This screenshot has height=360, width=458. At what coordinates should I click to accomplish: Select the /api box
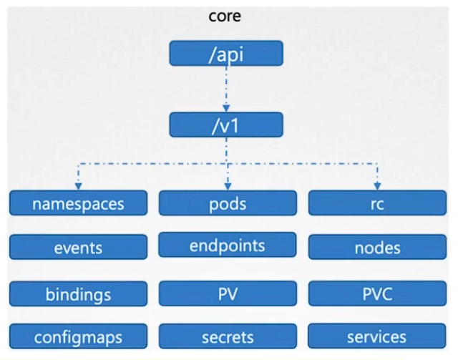pyautogui.click(x=226, y=53)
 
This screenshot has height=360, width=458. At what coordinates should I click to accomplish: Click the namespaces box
pyautogui.click(x=78, y=203)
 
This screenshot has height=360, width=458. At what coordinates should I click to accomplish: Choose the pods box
pyautogui.click(x=227, y=203)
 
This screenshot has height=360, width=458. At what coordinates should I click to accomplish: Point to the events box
pyautogui.click(x=78, y=248)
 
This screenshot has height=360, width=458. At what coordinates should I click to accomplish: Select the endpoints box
pyautogui.click(x=227, y=245)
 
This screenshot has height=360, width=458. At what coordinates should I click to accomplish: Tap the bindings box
pyautogui.click(x=78, y=293)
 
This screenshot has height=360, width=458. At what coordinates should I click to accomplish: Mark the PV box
pyautogui.click(x=227, y=293)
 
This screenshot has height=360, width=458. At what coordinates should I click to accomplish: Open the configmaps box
pyautogui.click(x=78, y=336)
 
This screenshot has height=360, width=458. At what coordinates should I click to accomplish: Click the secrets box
pyautogui.click(x=227, y=336)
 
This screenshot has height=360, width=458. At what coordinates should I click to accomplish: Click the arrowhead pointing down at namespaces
pyautogui.click(x=78, y=186)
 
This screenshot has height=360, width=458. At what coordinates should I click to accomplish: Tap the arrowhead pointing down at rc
pyautogui.click(x=376, y=186)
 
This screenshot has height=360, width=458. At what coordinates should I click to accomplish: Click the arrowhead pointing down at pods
pyautogui.click(x=226, y=186)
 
